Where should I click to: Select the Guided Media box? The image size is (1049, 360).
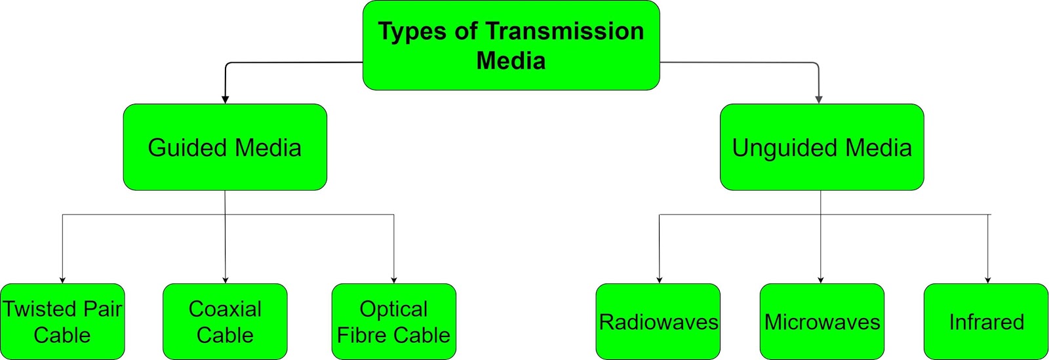click(x=225, y=147)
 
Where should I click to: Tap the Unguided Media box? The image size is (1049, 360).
click(x=821, y=147)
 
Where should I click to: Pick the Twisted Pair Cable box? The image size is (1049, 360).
click(x=62, y=321)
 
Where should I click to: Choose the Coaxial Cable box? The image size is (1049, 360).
click(x=225, y=321)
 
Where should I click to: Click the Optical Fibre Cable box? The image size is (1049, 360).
click(x=393, y=321)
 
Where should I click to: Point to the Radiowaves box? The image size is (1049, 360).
click(x=658, y=322)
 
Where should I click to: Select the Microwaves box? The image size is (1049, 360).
click(x=821, y=322)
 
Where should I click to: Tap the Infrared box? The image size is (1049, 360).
click(x=986, y=322)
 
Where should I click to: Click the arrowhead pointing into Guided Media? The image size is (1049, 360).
click(x=225, y=100)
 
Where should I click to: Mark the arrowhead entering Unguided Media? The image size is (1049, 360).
click(x=819, y=100)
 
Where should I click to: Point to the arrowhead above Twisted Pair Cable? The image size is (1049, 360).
click(x=62, y=280)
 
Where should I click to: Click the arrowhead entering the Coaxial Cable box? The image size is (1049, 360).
click(x=226, y=280)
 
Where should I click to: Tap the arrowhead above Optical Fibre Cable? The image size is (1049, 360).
click(x=394, y=280)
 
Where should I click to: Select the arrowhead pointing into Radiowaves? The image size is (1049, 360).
click(x=659, y=280)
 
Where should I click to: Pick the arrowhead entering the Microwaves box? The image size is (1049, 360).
click(x=821, y=280)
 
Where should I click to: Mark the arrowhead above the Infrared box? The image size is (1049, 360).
click(x=988, y=280)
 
